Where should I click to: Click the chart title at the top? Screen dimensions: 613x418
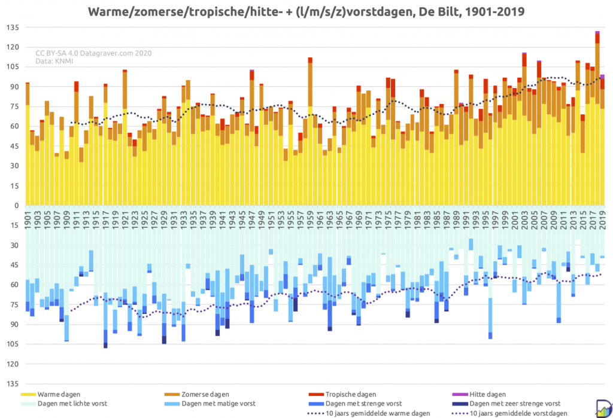pos(306,11)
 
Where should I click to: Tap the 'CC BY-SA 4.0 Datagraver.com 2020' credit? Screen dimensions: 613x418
pos(93,53)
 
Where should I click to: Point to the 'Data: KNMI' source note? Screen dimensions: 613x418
pos(54,61)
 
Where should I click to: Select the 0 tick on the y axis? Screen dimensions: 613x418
pos(16,206)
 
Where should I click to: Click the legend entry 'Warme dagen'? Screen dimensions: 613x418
pos(50,395)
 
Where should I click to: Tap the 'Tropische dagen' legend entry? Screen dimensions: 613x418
pos(342,395)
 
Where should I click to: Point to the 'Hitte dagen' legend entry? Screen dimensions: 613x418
pos(479,395)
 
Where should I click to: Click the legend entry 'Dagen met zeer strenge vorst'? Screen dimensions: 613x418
pos(506,404)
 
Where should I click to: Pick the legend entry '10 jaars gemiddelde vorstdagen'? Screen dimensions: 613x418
pos(509,413)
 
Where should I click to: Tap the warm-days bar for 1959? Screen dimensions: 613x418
pos(310,131)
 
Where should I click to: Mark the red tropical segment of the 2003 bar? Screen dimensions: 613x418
pos(524,60)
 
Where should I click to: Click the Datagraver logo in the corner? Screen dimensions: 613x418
pos(604,408)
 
